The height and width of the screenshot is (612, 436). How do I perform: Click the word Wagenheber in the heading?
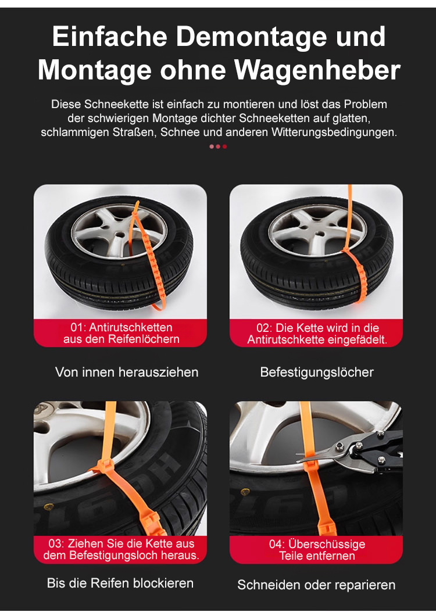point(317,70)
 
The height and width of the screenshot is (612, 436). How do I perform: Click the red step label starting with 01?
point(121,333)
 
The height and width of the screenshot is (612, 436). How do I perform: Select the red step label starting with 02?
point(317,334)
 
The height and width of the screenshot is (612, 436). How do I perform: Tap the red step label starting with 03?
point(121,549)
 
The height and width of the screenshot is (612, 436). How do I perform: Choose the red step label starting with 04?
point(317,550)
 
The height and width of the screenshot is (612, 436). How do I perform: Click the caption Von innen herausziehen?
point(127,372)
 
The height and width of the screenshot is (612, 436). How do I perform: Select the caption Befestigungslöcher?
point(317,373)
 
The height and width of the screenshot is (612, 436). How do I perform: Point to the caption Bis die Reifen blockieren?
point(120,583)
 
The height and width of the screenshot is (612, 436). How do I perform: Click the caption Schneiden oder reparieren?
point(316,585)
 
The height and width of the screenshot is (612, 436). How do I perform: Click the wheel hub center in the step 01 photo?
point(120,235)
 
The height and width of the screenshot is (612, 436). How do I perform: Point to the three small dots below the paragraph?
point(218,147)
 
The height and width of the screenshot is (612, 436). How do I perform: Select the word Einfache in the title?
point(110,37)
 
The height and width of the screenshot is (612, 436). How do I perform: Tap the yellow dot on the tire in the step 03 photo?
point(48,507)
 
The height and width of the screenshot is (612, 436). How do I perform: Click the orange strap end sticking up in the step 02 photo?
point(349,207)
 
